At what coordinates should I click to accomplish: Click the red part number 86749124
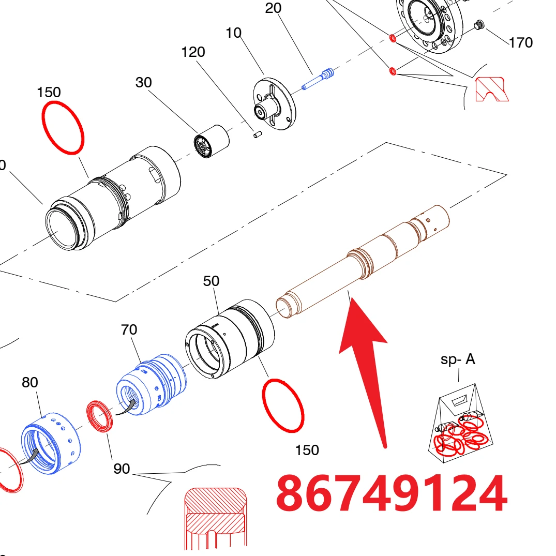tap(392, 493)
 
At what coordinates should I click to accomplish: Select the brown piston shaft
tap(363, 261)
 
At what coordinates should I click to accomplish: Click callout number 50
tap(211, 281)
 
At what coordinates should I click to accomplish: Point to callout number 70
tap(129, 330)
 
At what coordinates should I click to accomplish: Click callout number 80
tap(30, 382)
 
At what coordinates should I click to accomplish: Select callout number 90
tap(122, 469)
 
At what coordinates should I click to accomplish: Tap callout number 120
tap(193, 52)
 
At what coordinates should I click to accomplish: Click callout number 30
tap(144, 83)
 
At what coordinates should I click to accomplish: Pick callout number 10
tap(233, 33)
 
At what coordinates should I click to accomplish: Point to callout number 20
tap(273, 8)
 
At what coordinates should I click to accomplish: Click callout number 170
tap(521, 43)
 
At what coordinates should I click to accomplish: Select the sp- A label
tap(457, 359)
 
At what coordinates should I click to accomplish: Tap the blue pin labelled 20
tap(318, 80)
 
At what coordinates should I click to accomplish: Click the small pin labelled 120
tap(258, 134)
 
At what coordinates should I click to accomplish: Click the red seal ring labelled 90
tap(100, 416)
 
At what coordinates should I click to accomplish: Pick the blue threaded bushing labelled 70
tap(152, 384)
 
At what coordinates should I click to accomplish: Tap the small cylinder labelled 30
tap(212, 141)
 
